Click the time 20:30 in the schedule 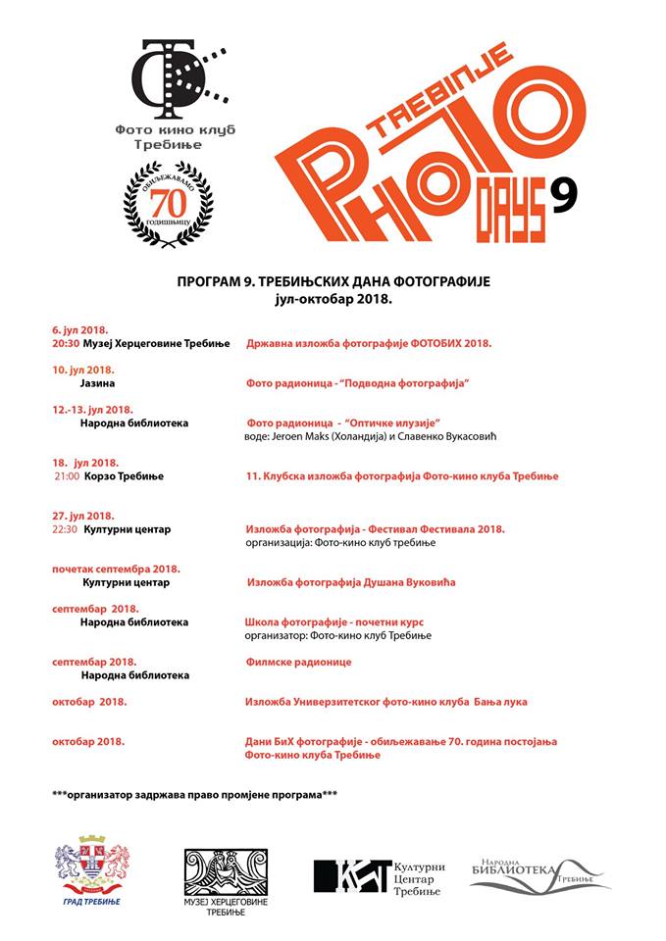click(x=66, y=344)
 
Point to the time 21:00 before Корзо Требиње click(x=67, y=476)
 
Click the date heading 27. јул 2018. click(x=83, y=516)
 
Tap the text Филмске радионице click(x=298, y=662)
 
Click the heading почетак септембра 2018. click(x=116, y=569)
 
